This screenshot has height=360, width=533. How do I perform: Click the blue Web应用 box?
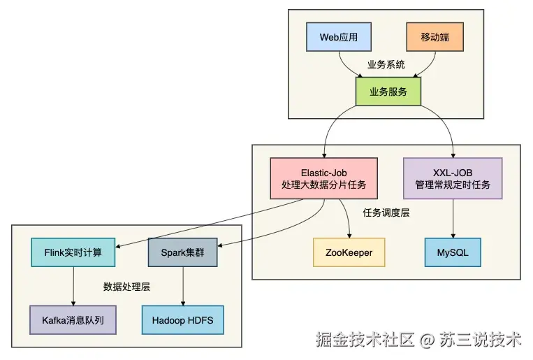point(339,36)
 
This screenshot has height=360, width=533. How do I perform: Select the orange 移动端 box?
point(435,36)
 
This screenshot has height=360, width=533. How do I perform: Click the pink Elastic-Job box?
point(323,178)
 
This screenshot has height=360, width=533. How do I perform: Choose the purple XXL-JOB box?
point(453,178)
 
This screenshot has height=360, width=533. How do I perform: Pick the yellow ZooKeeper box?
point(349,252)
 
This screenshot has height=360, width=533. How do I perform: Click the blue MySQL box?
point(453,252)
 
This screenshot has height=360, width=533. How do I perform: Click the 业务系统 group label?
point(386,64)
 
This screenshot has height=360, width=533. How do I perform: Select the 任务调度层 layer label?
point(386,213)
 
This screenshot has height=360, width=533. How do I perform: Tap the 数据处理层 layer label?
point(127,287)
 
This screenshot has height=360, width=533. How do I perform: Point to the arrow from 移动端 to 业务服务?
point(428,67)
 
